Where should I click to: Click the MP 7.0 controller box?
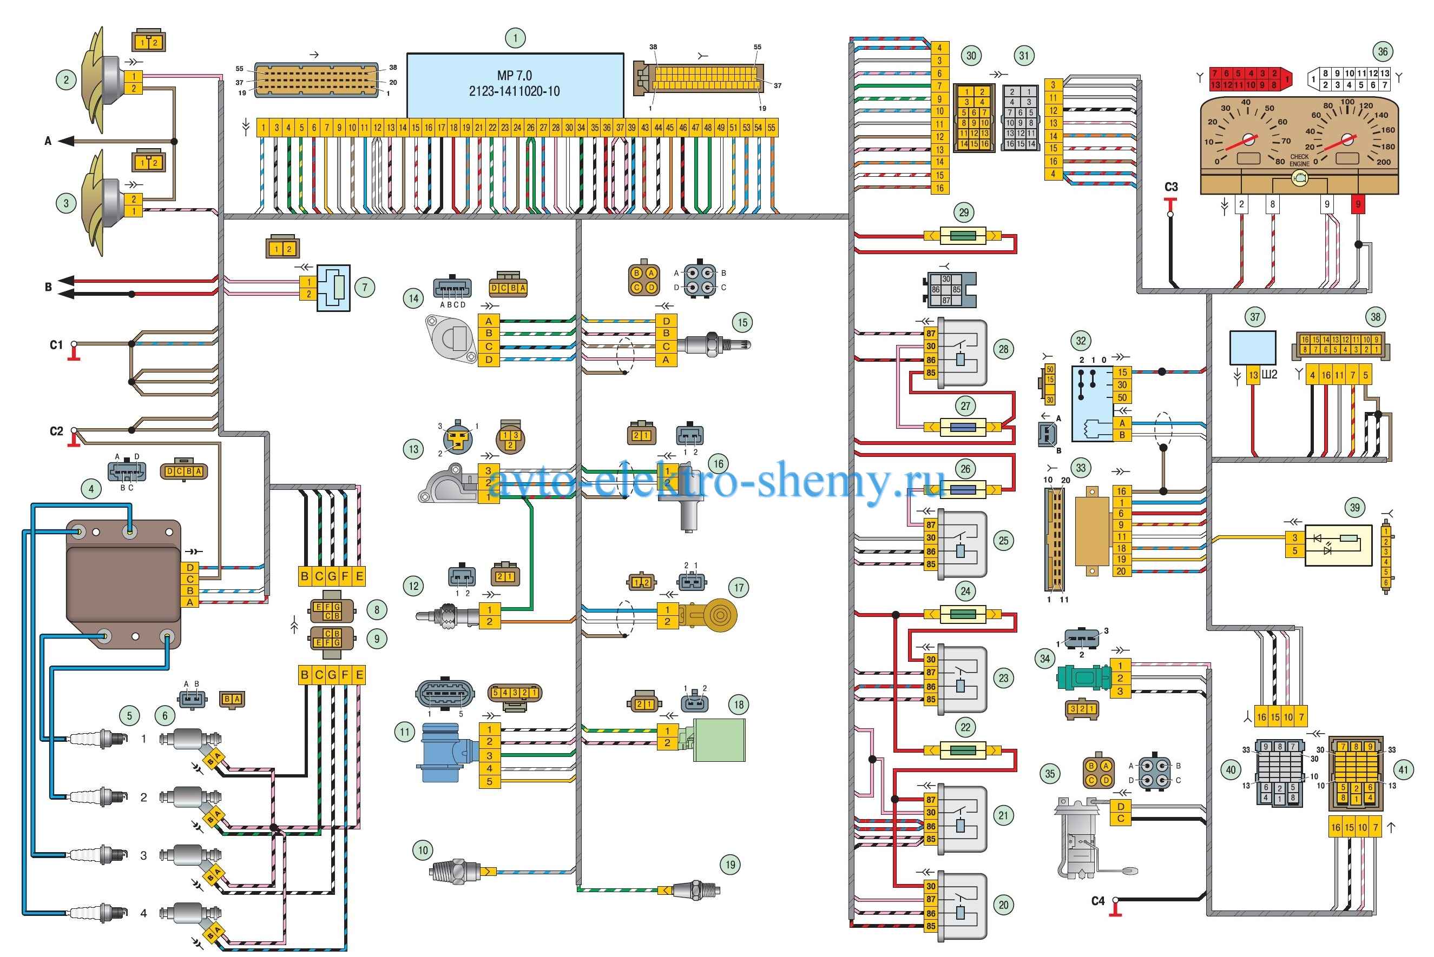point(515,85)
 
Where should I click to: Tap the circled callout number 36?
point(1382,52)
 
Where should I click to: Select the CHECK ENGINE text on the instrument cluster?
point(1299,161)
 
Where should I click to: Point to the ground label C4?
point(1097,901)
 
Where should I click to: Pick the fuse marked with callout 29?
point(963,236)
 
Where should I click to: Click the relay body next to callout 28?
point(962,352)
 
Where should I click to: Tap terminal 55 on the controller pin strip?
point(771,128)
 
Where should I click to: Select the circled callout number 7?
point(365,287)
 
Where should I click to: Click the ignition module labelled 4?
point(122,584)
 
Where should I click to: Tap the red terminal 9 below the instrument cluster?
point(1358,204)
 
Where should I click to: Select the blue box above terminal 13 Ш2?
point(1253,348)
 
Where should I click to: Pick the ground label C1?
point(56,345)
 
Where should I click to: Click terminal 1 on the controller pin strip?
point(263,128)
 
